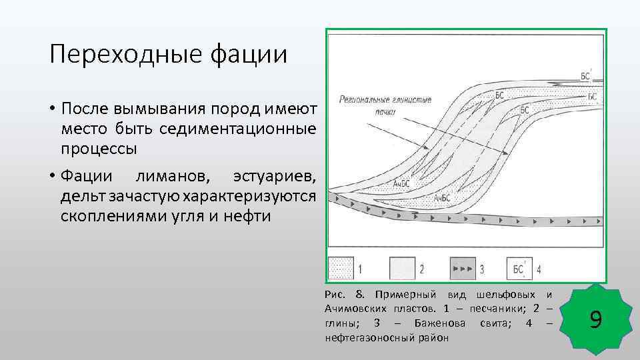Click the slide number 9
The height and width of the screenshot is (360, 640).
pos(596,321)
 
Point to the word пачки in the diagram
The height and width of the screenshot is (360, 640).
pos(385,112)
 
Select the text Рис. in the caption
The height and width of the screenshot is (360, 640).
pos(333,295)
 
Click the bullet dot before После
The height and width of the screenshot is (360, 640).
pos(51,109)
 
